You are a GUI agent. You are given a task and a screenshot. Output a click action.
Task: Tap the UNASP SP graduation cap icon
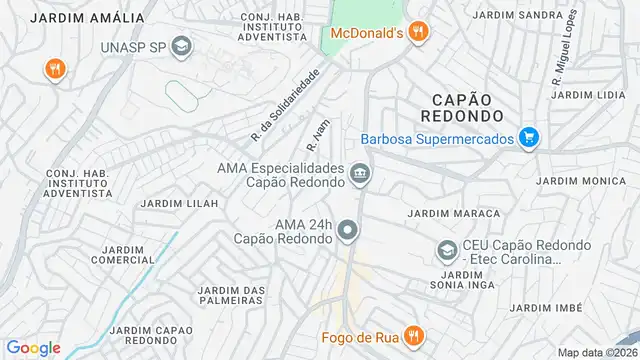pyautogui.click(x=181, y=46)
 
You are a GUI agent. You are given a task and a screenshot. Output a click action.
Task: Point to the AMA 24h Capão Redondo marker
pyautogui.click(x=348, y=231)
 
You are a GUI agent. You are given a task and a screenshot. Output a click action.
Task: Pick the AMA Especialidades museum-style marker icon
pyautogui.click(x=359, y=177)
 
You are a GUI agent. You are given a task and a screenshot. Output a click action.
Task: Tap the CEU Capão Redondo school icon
pyautogui.click(x=447, y=249)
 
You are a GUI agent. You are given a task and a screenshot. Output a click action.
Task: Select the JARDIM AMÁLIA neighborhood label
pyautogui.click(x=87, y=18)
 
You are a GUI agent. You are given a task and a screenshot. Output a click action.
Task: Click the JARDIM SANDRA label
pyautogui.click(x=517, y=16)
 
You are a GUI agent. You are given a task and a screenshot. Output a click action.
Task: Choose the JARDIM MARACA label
pyautogui.click(x=453, y=213)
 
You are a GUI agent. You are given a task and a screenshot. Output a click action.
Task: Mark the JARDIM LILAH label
pyautogui.click(x=179, y=203)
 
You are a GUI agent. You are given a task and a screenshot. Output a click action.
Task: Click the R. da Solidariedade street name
pyautogui.click(x=286, y=103)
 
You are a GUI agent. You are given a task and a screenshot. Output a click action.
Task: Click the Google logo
pyautogui.click(x=33, y=347)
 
